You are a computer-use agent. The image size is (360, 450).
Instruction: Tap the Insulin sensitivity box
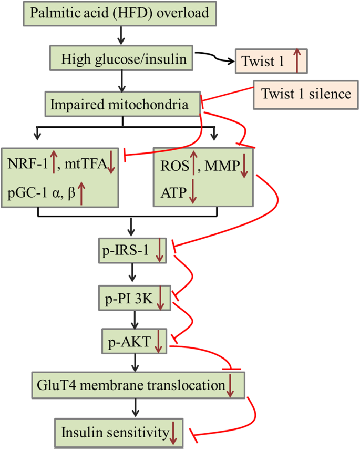pyautogui.click(x=118, y=432)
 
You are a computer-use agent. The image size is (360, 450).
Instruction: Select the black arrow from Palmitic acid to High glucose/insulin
pyautogui.click(x=121, y=35)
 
